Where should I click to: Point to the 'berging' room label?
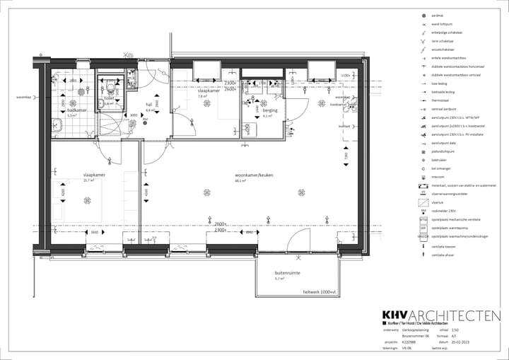coord(270,111)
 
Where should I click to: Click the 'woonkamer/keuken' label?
coord(255,175)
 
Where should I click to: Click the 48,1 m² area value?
coord(240,180)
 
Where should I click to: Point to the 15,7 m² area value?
coord(89,180)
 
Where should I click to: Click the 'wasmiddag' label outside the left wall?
coord(25,98)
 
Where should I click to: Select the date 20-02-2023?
coord(469,342)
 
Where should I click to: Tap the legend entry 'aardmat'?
coord(438,16)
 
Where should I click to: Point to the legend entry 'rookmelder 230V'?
coord(445,211)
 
